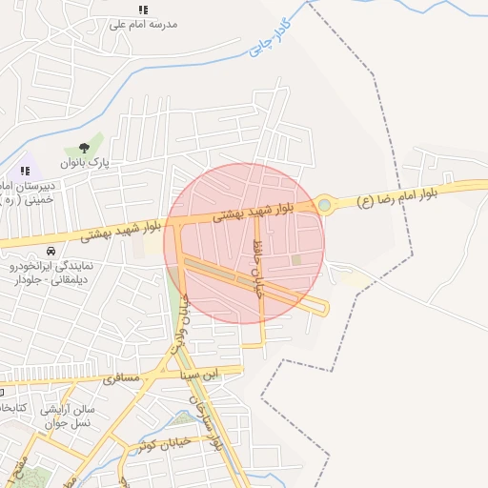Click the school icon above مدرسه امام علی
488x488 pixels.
pos(143,10)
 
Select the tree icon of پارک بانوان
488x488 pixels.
pos(84,149)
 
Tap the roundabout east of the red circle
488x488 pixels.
pos(324,204)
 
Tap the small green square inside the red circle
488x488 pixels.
pos(295,259)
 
